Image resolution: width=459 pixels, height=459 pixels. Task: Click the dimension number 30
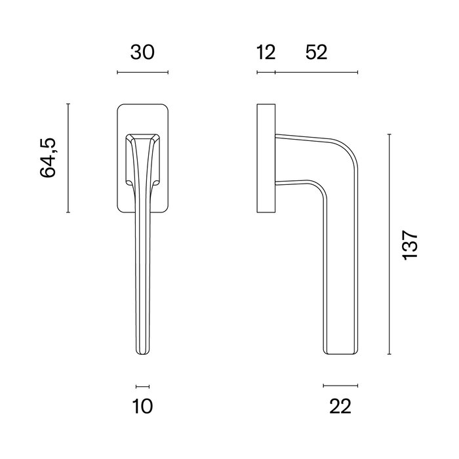click(142, 52)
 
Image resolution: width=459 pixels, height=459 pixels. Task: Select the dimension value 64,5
click(49, 158)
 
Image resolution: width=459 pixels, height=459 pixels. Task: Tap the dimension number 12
click(266, 52)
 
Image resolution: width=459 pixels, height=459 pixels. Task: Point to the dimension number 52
click(316, 52)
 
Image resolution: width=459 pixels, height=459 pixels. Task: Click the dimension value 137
click(410, 245)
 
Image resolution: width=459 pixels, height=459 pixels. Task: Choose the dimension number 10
click(142, 407)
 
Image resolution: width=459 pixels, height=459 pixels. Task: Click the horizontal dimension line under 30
click(142, 72)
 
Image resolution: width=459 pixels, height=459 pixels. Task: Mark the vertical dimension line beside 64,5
click(68, 158)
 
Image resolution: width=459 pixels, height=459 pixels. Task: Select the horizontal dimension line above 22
click(340, 385)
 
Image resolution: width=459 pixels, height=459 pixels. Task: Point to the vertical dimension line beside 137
click(389, 245)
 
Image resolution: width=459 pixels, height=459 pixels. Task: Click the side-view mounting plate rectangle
click(266, 158)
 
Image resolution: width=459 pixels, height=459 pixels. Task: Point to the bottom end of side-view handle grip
click(340, 353)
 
